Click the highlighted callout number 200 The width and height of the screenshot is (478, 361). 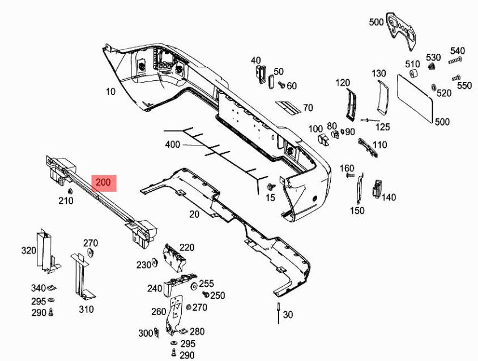tap(104, 183)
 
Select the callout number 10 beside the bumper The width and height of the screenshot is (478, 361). tap(110, 91)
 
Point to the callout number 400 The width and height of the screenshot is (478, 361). tap(172, 145)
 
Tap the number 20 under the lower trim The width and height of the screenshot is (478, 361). tap(194, 214)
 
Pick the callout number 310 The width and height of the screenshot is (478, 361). tap(86, 310)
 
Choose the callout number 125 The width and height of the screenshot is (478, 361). tap(383, 127)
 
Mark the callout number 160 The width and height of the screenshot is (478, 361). tap(347, 168)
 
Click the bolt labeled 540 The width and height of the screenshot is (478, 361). tap(455, 60)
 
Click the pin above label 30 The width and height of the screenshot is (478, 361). tap(279, 311)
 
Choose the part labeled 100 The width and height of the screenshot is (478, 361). tap(325, 139)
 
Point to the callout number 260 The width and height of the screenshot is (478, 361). tap(159, 311)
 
